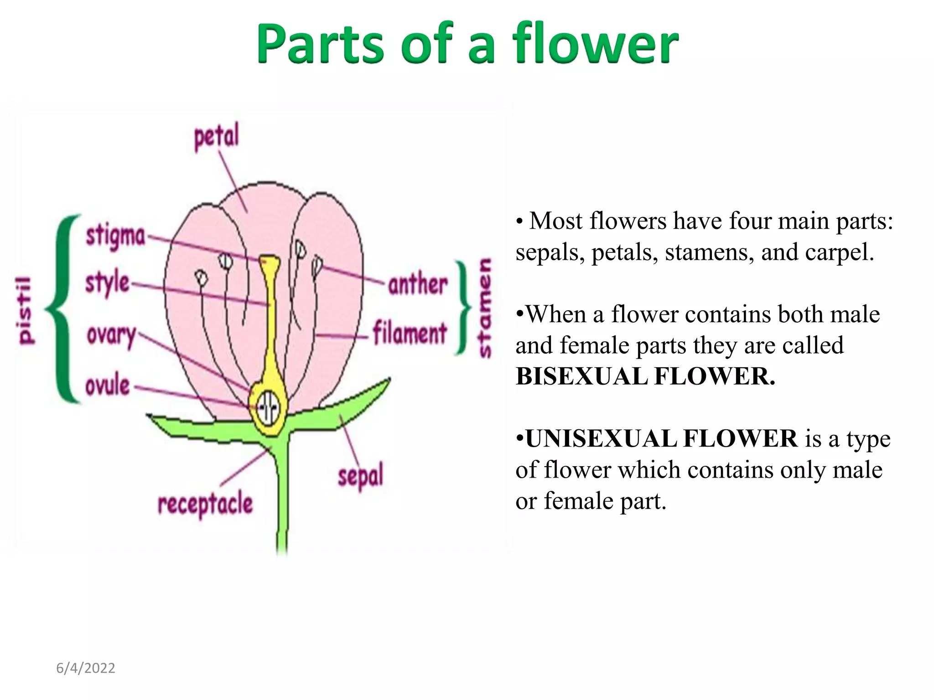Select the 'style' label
(108, 283)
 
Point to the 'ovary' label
(111, 335)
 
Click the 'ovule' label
(108, 386)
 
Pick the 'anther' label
(418, 285)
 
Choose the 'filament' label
(410, 334)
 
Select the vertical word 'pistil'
(26, 310)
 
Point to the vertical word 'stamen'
(484, 308)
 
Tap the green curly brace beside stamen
(463, 308)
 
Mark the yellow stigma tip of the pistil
(270, 262)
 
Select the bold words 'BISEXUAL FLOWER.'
(645, 376)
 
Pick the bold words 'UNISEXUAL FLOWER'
(661, 438)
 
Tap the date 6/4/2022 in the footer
(86, 668)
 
